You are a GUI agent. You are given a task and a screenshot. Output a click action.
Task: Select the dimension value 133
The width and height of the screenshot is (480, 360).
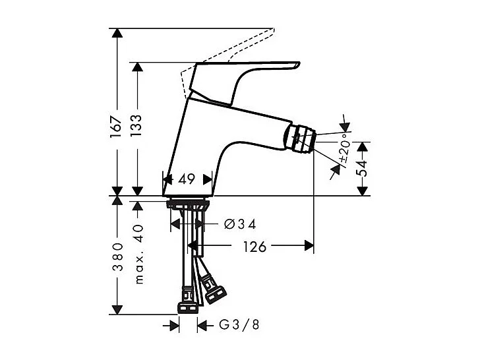pyautogui.click(x=136, y=123)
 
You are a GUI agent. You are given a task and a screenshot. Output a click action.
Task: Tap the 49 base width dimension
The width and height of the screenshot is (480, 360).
pyautogui.click(x=186, y=179)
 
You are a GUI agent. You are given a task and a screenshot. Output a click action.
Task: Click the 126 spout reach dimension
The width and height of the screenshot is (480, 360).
pyautogui.click(x=254, y=247)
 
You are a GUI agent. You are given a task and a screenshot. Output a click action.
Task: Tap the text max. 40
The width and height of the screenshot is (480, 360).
pyautogui.click(x=138, y=252)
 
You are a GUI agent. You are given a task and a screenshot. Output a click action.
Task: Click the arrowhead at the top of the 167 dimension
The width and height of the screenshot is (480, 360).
pyautogui.click(x=116, y=33)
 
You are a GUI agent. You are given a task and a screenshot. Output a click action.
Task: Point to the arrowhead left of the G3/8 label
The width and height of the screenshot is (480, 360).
pyautogui.click(x=174, y=325)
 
